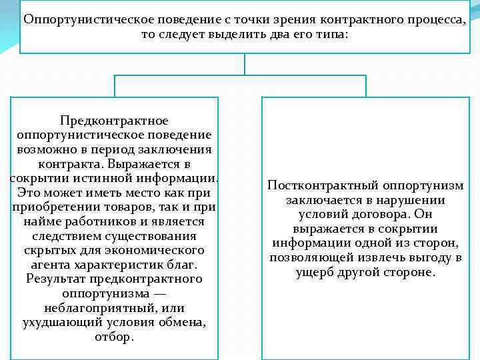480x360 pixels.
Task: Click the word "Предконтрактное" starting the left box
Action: (114, 121)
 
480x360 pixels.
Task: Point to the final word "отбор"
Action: (114, 337)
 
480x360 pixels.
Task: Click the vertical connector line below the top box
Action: (246, 64)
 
